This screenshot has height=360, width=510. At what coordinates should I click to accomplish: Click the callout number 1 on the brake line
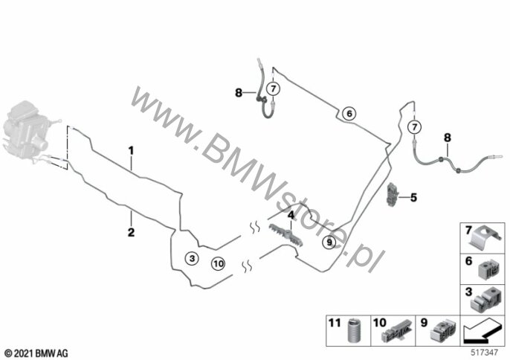point(131,151)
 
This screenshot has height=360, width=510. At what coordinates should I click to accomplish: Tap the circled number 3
point(192,258)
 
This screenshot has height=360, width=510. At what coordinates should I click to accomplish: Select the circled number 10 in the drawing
point(217,263)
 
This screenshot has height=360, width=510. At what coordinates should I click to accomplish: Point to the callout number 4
point(291,216)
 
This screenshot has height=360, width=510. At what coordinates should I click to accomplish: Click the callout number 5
point(414,197)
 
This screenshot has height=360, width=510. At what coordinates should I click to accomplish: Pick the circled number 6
point(349,113)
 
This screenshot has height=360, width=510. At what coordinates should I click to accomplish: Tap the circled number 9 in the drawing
point(328,241)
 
